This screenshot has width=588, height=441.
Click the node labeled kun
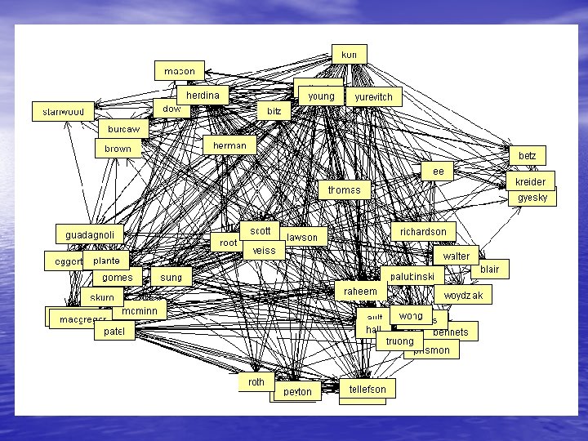[349, 54]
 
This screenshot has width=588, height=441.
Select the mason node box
[180, 71]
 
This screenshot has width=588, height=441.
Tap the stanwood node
[63, 111]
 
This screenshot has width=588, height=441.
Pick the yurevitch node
[373, 97]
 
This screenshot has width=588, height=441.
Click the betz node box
[527, 155]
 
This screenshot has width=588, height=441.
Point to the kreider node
[530, 181]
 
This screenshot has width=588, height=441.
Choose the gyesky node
[532, 198]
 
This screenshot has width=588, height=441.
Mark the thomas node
[344, 190]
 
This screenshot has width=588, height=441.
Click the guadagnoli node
[90, 235]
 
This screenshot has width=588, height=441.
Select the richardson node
[423, 232]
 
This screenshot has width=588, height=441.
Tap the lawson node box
[303, 238]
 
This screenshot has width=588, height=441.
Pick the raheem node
[360, 292]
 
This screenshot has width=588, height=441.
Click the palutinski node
[412, 278]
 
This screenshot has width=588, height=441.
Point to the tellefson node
[367, 389]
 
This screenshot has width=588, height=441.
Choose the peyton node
[297, 392]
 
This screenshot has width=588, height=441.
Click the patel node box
[114, 332]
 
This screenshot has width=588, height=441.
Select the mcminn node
[139, 311]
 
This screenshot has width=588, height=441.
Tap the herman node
[229, 145]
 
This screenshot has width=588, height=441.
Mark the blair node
[489, 269]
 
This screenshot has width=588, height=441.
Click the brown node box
[118, 149]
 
